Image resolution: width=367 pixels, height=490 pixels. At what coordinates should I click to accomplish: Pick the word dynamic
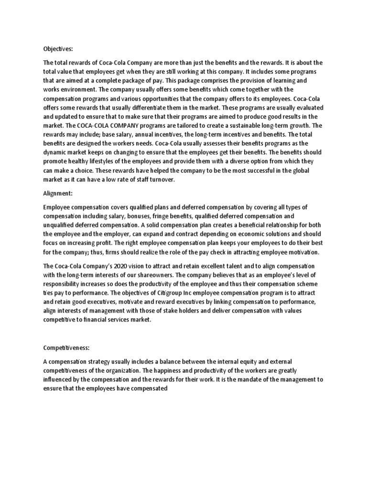[57, 152]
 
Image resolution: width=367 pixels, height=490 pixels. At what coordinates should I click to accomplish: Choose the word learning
[284, 80]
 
